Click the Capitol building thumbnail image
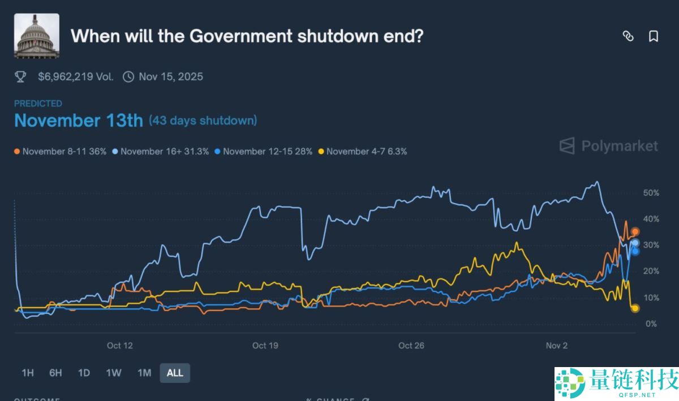tap(36, 36)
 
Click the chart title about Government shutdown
tap(247, 36)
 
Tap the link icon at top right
tap(628, 36)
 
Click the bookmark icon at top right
tap(653, 36)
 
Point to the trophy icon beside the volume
tap(21, 76)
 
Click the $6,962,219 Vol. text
tap(75, 76)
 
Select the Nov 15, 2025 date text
tap(170, 76)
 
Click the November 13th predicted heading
tap(78, 120)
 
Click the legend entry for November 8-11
tap(60, 152)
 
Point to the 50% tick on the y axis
tap(651, 193)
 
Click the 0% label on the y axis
tap(651, 324)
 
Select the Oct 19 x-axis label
tap(265, 346)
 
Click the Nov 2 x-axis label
tap(556, 346)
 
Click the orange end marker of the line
tap(635, 232)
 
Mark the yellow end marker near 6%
tap(635, 308)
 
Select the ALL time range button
tap(175, 373)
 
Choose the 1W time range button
tap(114, 373)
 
